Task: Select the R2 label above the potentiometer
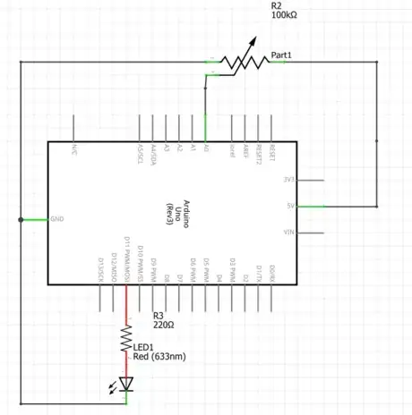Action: (x=276, y=4)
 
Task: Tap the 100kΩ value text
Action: (x=284, y=15)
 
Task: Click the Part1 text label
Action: (x=282, y=55)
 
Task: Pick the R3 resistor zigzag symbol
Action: (x=126, y=337)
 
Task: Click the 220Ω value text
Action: (x=164, y=326)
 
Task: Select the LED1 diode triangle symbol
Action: (x=126, y=385)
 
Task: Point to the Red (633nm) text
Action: (x=159, y=357)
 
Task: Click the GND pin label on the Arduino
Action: (x=57, y=219)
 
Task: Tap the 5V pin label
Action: (x=289, y=206)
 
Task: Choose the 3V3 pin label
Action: (x=288, y=179)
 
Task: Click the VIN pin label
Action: (x=288, y=233)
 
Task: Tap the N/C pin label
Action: (x=74, y=149)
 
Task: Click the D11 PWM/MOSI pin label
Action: (x=127, y=260)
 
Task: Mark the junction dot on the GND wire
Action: (x=20, y=219)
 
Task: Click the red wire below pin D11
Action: (x=126, y=304)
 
